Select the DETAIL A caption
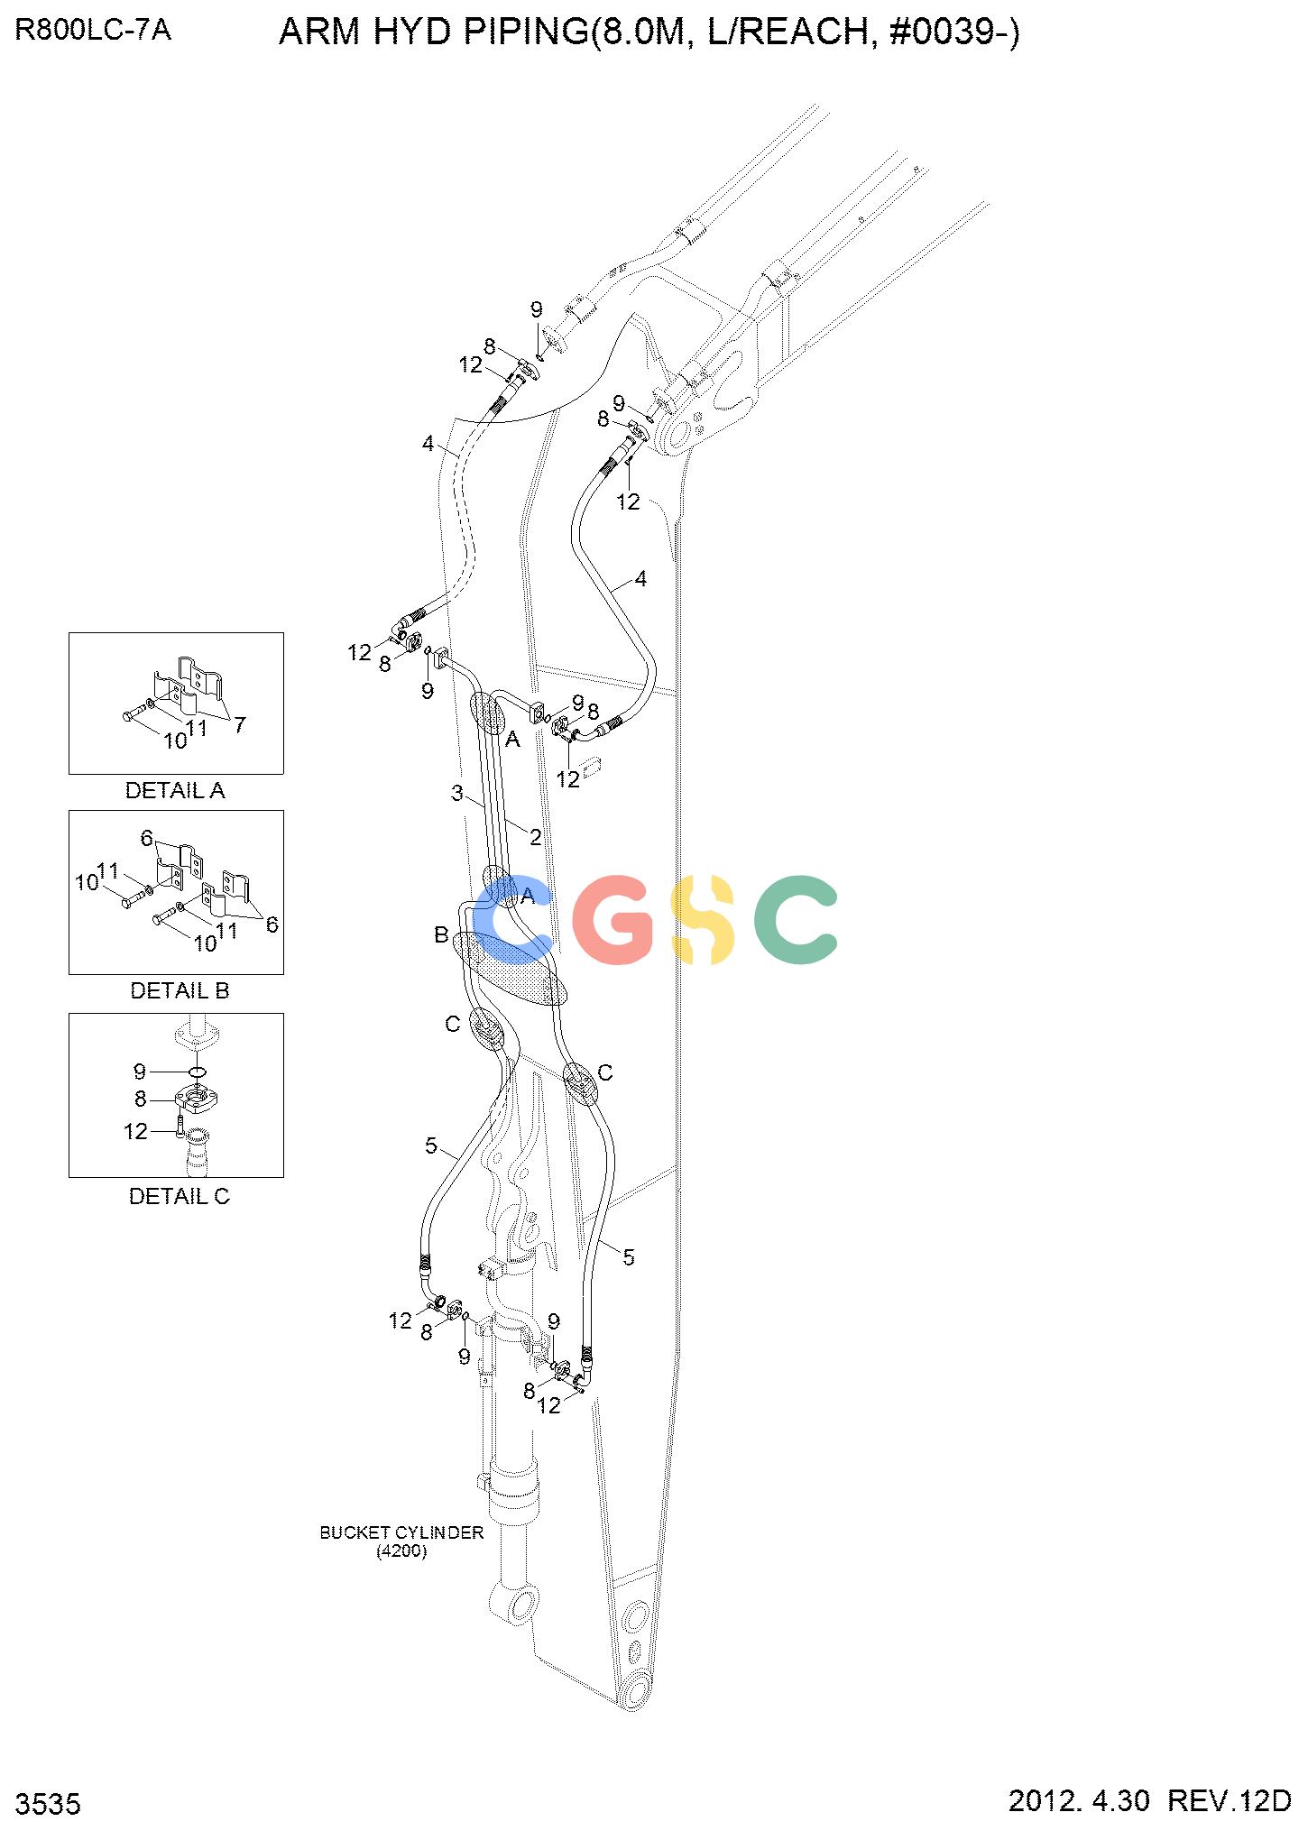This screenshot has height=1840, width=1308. click(175, 791)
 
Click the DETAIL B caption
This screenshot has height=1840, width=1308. click(180, 990)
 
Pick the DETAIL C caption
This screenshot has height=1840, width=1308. click(180, 1196)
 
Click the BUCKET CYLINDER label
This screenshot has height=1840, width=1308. click(401, 1532)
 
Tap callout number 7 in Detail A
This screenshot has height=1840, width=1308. click(239, 724)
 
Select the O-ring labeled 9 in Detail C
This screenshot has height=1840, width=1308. click(198, 1072)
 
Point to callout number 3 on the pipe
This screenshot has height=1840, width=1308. click(457, 794)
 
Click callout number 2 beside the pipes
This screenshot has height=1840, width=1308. click(535, 837)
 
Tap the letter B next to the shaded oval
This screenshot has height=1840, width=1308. click(441, 934)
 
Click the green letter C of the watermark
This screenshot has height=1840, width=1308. click(796, 919)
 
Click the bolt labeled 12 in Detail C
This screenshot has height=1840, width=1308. click(180, 1125)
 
